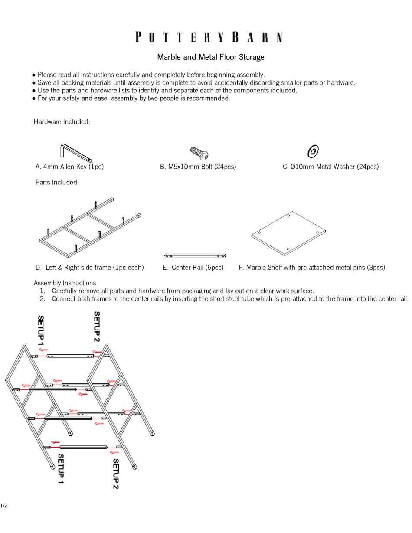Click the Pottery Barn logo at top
[209, 37]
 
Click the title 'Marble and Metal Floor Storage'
[210, 57]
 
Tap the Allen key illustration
[75, 152]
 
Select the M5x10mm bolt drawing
[199, 153]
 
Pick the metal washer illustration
[313, 151]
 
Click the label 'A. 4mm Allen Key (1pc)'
[70, 167]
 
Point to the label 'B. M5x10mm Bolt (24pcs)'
[198, 167]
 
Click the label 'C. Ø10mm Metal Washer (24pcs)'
[330, 167]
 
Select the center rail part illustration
[195, 255]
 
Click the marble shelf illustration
[288, 233]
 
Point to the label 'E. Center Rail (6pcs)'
[193, 268]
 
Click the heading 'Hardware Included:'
[62, 121]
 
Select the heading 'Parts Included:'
[57, 182]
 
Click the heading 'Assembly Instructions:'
[65, 283]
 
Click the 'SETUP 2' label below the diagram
[116, 474]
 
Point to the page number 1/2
[4, 506]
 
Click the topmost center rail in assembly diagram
[70, 356]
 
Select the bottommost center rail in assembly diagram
[83, 447]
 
